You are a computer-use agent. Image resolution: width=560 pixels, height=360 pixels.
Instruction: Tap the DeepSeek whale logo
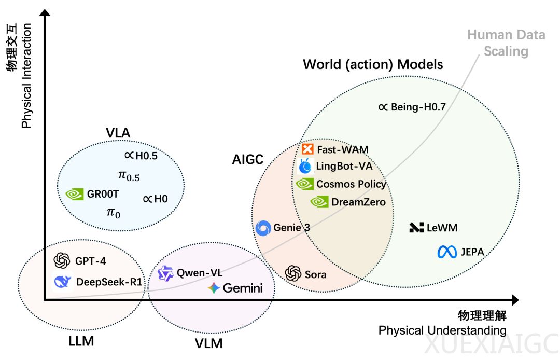tap(62, 282)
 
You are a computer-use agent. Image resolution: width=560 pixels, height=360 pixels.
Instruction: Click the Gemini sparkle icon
tap(214, 288)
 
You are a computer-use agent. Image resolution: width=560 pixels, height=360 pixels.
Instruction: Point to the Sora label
tap(316, 273)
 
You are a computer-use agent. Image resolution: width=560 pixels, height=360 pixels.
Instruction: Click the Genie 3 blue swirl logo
tap(263, 228)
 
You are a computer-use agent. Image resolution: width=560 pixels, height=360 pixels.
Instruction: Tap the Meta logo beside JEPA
tap(447, 253)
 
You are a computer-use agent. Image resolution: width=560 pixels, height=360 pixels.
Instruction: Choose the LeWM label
tap(442, 227)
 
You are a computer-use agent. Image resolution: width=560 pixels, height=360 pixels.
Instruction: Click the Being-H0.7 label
tap(419, 107)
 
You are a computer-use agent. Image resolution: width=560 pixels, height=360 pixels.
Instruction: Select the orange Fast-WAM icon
tap(307, 149)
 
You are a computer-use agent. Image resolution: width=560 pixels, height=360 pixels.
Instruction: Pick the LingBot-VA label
tap(343, 167)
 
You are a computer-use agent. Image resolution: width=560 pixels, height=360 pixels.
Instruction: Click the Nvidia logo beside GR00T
tap(75, 194)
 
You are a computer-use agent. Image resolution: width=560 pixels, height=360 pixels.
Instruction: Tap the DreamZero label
tap(358, 202)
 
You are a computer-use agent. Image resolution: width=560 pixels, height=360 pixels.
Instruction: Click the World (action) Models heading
tap(373, 64)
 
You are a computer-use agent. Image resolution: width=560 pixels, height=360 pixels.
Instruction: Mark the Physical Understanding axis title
tap(442, 330)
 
